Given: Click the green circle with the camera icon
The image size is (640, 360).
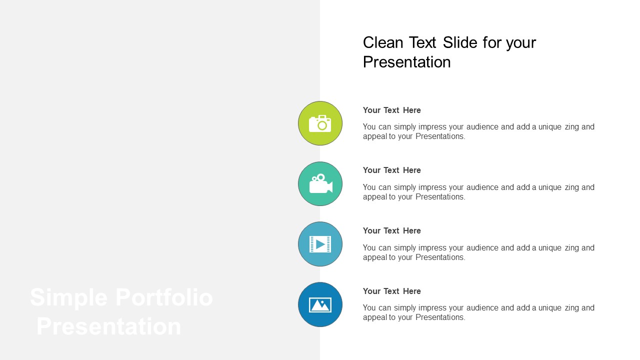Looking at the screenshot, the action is (320, 123).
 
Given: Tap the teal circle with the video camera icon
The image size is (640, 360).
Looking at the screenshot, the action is (320, 183).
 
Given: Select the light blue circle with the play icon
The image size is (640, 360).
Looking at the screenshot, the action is (320, 244).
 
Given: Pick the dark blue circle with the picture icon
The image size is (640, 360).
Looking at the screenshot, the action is (320, 304).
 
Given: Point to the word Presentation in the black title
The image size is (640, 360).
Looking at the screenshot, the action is (406, 62).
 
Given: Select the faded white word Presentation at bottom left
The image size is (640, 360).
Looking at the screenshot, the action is (109, 326).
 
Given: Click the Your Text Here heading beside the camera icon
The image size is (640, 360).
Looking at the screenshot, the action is (391, 110).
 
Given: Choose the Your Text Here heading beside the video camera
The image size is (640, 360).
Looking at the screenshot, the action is (391, 170).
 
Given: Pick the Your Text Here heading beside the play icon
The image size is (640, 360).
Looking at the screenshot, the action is (391, 230).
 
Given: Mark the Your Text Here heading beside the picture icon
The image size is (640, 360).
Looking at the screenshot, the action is (391, 291).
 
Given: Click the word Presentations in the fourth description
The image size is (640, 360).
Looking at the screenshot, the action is (440, 317).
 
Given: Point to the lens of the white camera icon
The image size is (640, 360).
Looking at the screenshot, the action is (322, 125).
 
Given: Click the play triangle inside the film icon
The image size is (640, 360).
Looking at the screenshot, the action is (320, 244).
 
